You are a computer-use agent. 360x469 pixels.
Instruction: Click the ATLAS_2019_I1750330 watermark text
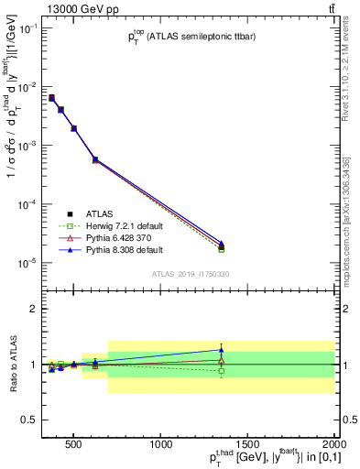click(x=190, y=274)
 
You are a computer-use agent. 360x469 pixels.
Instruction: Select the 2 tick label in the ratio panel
click(x=34, y=309)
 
